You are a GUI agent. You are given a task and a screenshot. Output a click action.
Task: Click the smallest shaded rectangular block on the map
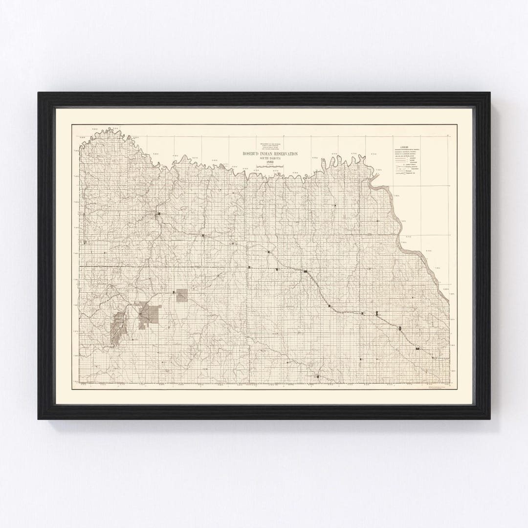click(182, 294)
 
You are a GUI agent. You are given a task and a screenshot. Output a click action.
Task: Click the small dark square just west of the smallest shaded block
click(174, 292)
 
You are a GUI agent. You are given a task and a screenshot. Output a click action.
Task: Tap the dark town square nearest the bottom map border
click(317, 376)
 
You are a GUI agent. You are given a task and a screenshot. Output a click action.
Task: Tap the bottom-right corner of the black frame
click(490, 419)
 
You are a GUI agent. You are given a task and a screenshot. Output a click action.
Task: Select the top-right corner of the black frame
click(490, 92)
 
